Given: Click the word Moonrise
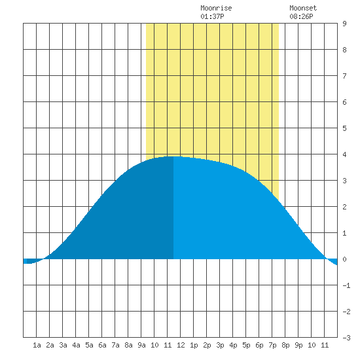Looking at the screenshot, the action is [216, 8].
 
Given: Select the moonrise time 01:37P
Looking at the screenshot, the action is [212, 16].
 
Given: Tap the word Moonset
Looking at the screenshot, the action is [303, 8].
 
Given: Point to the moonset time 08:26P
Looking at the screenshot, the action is [301, 16].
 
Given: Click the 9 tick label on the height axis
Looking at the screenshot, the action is [344, 24].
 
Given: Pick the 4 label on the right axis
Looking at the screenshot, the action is [344, 154].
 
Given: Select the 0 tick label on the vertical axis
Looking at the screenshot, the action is [344, 259].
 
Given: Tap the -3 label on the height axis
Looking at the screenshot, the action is [346, 338].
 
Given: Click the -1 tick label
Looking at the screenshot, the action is [346, 285].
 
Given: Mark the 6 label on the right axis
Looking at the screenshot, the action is [344, 102].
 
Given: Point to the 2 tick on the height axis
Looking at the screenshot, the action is [344, 207].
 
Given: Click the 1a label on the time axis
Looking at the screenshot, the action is [37, 345].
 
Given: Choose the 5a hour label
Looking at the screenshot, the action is [89, 345].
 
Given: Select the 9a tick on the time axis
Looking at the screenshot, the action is [141, 345].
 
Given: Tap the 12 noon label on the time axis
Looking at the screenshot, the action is [181, 345].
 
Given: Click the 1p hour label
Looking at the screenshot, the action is [194, 345].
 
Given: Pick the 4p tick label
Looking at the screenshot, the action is [233, 345].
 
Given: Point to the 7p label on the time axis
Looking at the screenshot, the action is [272, 345].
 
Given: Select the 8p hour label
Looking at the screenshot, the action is [285, 345].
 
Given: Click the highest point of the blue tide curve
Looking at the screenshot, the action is [173, 156].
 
